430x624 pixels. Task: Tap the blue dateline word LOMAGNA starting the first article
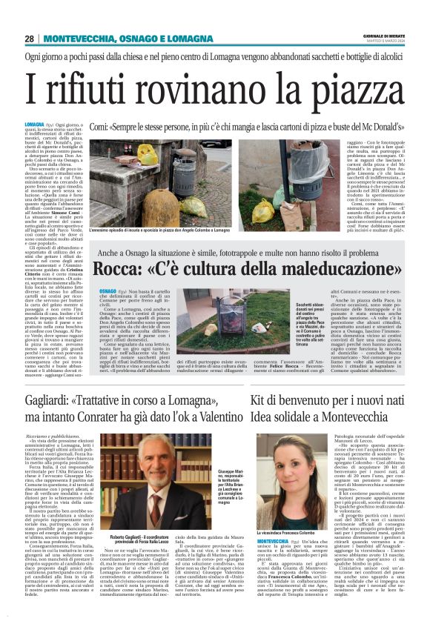pos(54,125)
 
